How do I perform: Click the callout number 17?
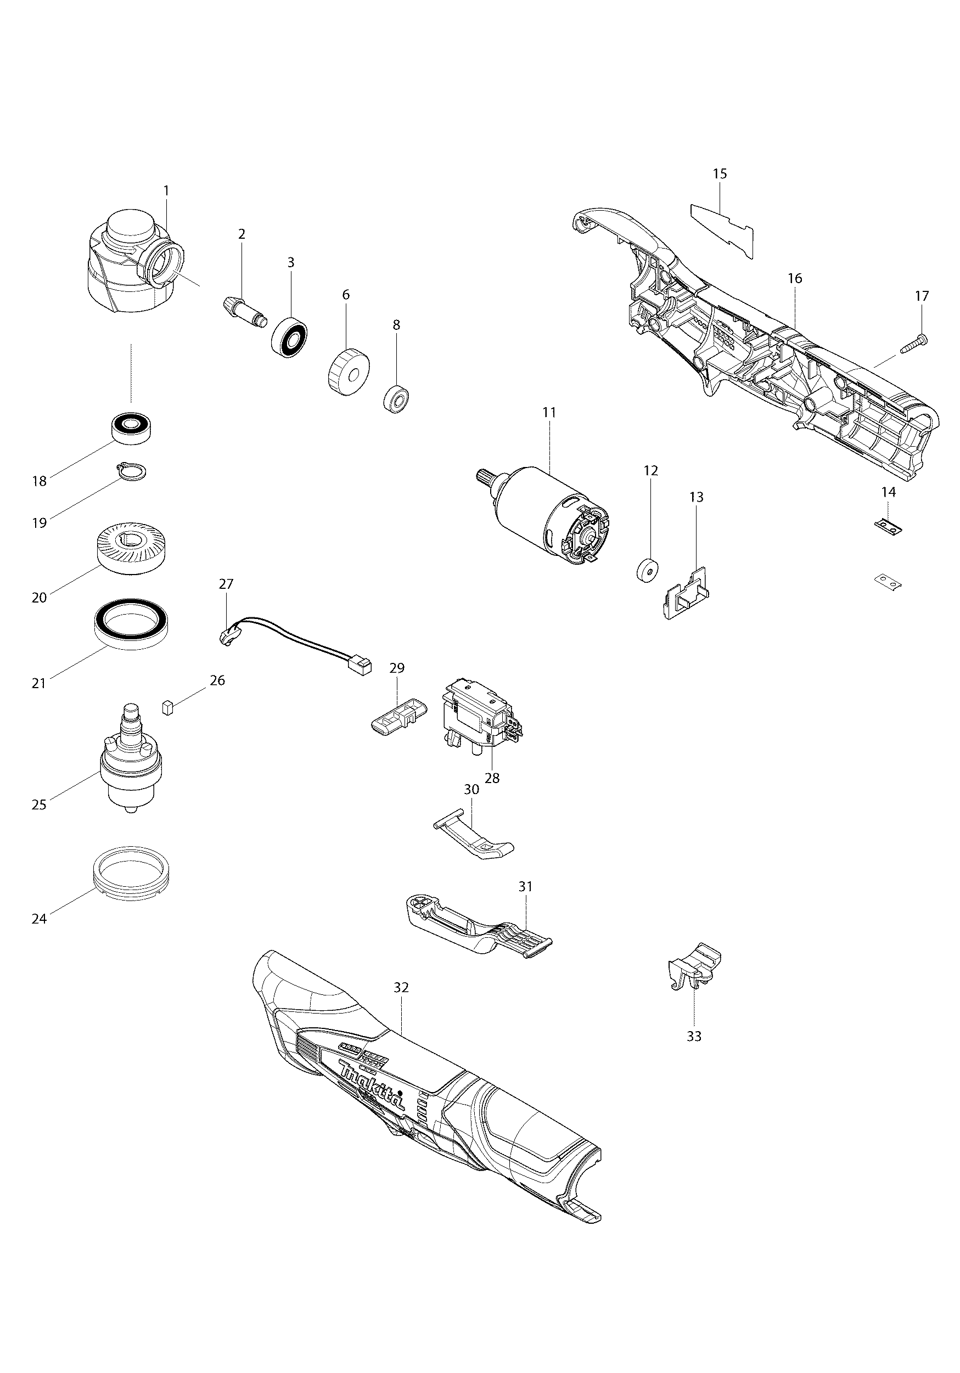tap(922, 296)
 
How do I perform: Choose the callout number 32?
tap(401, 988)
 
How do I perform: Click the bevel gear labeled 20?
tap(132, 549)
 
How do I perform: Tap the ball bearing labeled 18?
tap(131, 427)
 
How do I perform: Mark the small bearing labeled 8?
tap(395, 398)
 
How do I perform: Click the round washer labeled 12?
tap(647, 569)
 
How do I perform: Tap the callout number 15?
tap(720, 173)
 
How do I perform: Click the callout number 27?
tap(226, 584)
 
